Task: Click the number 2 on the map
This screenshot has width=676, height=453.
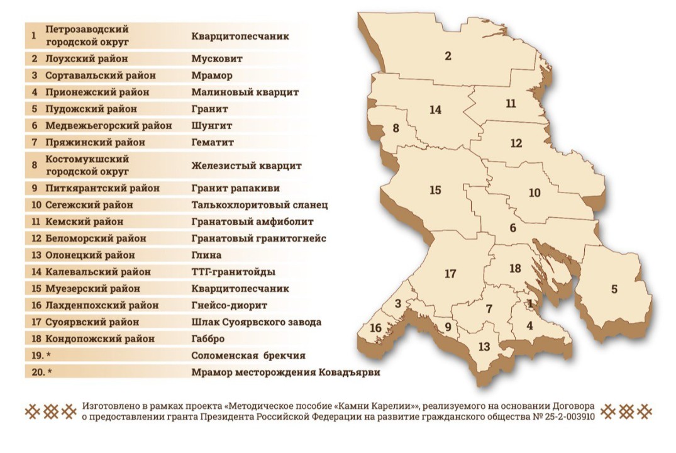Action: point(448,56)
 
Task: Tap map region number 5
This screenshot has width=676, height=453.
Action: point(614,289)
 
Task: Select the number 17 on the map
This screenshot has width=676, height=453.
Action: point(450,274)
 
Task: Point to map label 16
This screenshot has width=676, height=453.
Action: point(375,328)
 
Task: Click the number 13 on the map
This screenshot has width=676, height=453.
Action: point(484,346)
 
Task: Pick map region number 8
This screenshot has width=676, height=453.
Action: point(396,128)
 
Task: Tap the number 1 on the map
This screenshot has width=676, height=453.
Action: point(529,304)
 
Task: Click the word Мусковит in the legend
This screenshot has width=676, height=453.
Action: point(216,59)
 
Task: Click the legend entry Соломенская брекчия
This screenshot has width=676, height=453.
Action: point(248,355)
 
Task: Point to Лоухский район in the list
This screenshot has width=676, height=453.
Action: point(87,59)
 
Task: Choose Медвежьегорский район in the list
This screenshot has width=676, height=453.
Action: point(108,125)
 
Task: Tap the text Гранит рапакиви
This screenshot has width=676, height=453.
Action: point(235,188)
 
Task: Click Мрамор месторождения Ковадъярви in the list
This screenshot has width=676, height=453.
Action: point(285,372)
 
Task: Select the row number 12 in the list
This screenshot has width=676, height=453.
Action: point(35,238)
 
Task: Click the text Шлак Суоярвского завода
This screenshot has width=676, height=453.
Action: point(256,322)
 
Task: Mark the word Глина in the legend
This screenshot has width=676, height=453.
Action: point(206,255)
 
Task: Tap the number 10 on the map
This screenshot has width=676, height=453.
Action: point(535,193)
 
